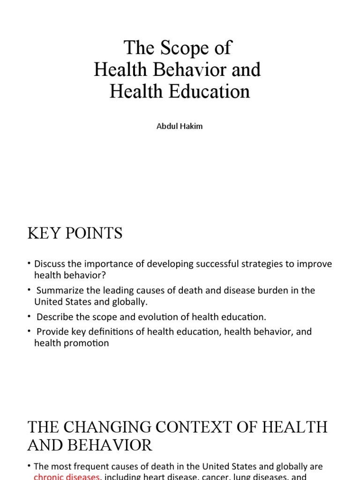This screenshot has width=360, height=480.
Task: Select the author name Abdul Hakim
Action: click(x=180, y=126)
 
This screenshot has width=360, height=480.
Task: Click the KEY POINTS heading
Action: click(x=75, y=233)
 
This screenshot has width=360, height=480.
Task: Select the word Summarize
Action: click(x=60, y=291)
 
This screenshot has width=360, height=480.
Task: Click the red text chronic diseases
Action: click(x=67, y=477)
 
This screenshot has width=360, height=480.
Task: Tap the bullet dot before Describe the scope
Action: click(x=29, y=317)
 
